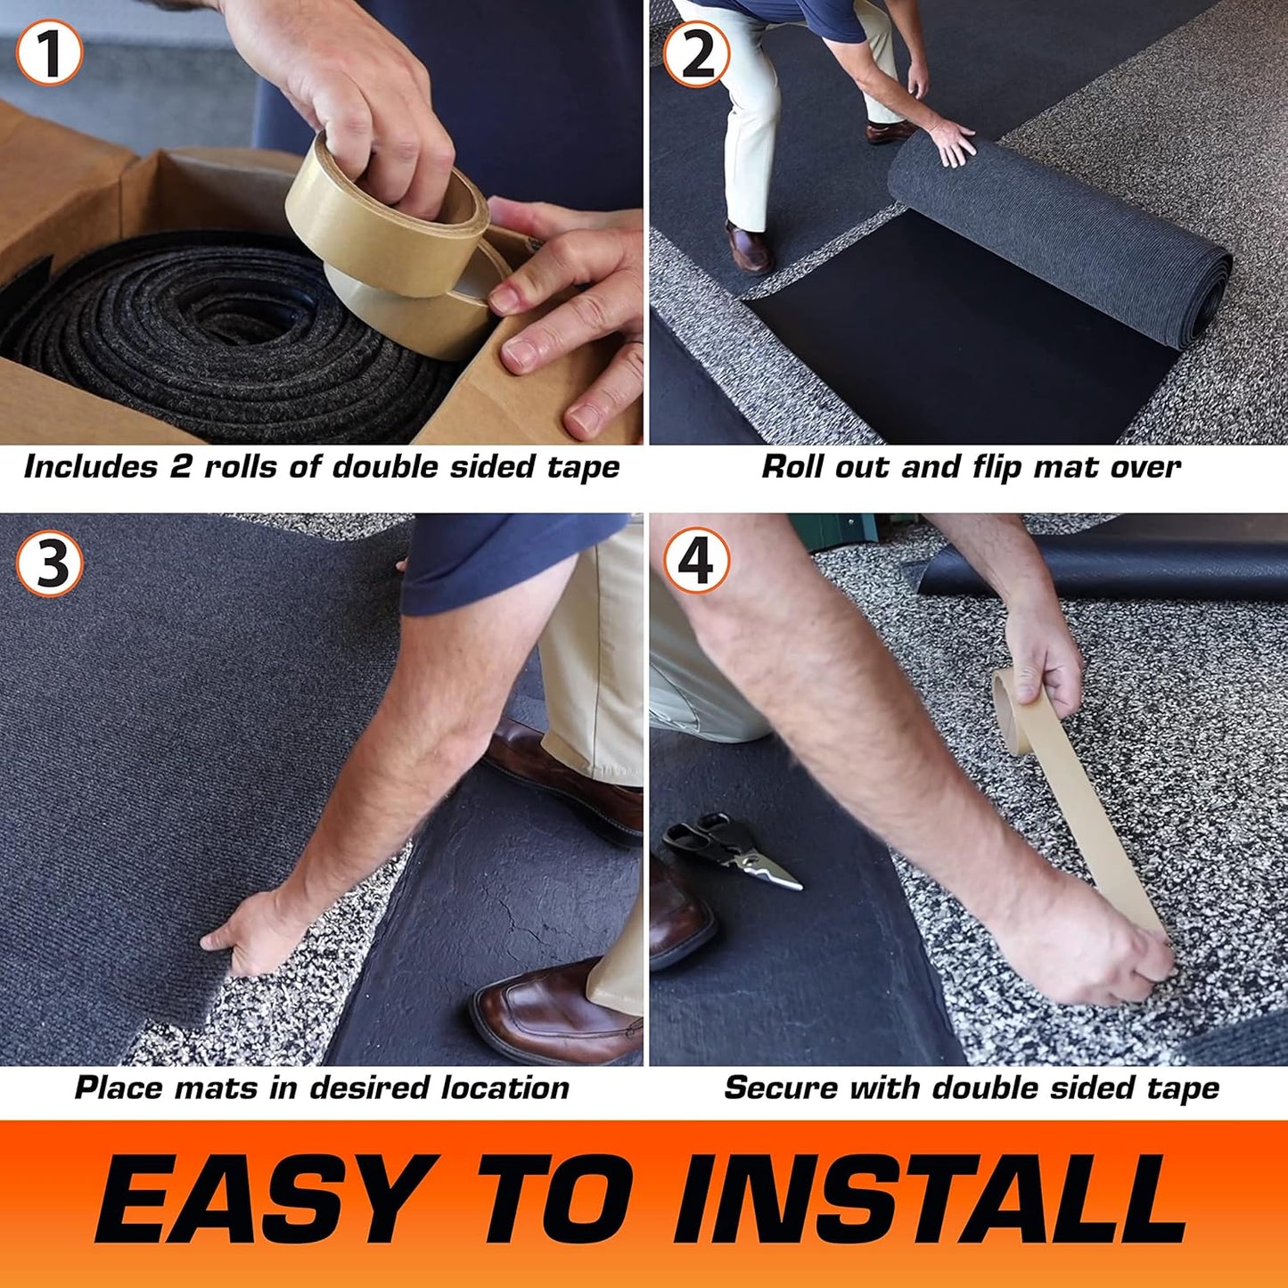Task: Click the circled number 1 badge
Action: (50, 53)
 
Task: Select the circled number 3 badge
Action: (50, 563)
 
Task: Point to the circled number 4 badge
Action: (697, 563)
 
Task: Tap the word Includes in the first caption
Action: (90, 467)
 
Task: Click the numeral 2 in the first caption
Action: (181, 467)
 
